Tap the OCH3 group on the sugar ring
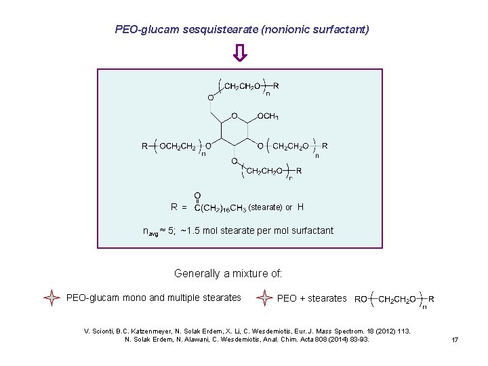[x=268, y=117]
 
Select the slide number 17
[x=455, y=340]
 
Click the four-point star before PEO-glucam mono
[x=52, y=298]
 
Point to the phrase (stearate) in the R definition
[x=270, y=207]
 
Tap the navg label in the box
[x=148, y=231]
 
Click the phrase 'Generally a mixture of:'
[x=228, y=274]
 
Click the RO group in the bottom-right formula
[x=361, y=299]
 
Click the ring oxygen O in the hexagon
[x=235, y=116]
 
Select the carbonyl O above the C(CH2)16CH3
[x=197, y=195]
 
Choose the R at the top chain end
[x=276, y=86]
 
